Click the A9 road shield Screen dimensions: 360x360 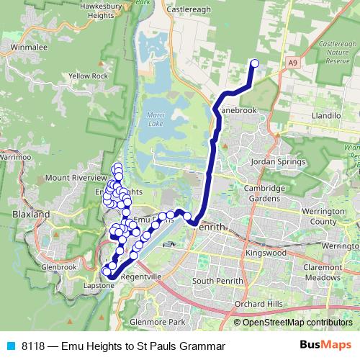293,64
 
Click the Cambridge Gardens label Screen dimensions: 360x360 264,193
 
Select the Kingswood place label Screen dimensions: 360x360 265,254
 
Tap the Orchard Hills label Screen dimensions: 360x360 257,303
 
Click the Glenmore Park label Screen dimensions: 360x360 153,321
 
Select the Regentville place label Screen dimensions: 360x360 140,276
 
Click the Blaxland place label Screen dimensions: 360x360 30,215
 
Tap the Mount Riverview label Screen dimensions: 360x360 75,178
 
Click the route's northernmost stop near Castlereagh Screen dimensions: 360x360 254,63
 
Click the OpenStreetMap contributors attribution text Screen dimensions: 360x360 295,323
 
